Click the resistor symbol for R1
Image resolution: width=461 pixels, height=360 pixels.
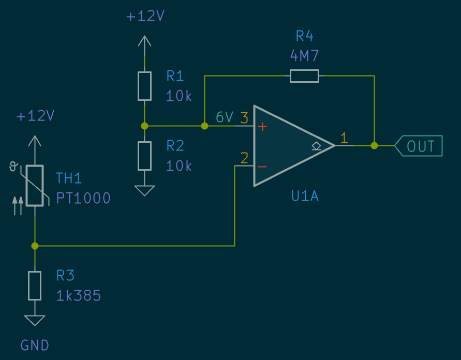pyautogui.click(x=144, y=86)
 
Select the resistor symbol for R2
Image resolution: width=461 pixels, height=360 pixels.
pyautogui.click(x=144, y=156)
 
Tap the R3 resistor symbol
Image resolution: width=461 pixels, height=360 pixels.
pyautogui.click(x=35, y=286)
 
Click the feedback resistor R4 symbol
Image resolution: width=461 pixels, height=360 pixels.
pyautogui.click(x=304, y=76)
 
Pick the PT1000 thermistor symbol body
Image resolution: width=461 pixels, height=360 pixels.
pyautogui.click(x=35, y=186)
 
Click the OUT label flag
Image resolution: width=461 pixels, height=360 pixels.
pyautogui.click(x=420, y=146)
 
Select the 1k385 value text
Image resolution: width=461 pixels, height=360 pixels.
pyautogui.click(x=78, y=296)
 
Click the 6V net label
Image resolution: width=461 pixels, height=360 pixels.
pyautogui.click(x=225, y=118)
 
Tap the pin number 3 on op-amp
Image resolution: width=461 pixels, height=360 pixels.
pyautogui.click(x=244, y=117)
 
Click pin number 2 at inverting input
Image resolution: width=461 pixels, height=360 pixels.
pyautogui.click(x=244, y=157)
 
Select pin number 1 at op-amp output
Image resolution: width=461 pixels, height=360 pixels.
pyautogui.click(x=344, y=138)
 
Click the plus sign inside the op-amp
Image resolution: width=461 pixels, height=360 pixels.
pyautogui.click(x=262, y=126)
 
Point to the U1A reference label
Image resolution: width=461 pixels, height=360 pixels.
pyautogui.click(x=305, y=197)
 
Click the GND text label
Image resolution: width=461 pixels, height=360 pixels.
pyautogui.click(x=35, y=345)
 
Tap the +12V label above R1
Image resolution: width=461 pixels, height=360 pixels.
pyautogui.click(x=145, y=17)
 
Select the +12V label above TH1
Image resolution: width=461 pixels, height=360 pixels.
pyautogui.click(x=35, y=116)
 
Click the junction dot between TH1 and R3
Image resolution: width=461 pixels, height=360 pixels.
pyautogui.click(x=35, y=246)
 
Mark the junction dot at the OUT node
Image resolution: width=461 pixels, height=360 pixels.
pyautogui.click(x=374, y=146)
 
